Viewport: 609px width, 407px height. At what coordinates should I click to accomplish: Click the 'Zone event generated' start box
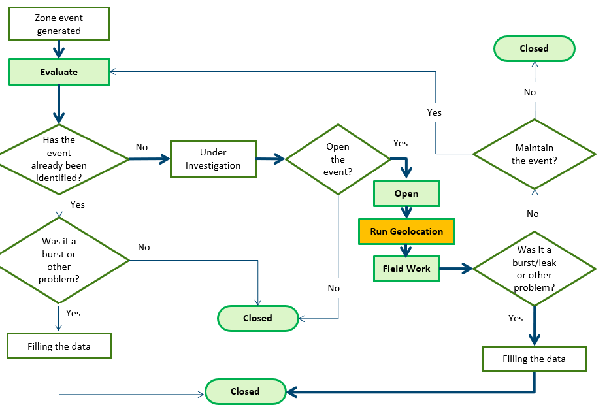(59, 25)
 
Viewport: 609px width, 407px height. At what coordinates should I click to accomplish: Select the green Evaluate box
(59, 72)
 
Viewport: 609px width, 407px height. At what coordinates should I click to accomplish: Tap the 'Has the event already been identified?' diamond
(59, 159)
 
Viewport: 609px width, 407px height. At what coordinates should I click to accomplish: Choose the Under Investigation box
(213, 159)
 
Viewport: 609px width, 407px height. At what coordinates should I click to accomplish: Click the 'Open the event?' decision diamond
(338, 159)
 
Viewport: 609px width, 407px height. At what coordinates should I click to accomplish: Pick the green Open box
(406, 194)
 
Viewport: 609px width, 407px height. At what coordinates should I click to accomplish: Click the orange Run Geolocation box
(406, 231)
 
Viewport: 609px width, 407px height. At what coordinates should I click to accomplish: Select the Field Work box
(406, 269)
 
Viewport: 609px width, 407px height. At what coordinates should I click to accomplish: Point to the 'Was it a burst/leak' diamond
(535, 269)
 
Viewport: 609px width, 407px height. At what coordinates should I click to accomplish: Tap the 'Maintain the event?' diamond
(535, 154)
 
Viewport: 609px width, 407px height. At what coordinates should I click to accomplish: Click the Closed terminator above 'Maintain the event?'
(535, 48)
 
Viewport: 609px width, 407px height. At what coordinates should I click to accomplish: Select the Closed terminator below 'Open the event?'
(257, 318)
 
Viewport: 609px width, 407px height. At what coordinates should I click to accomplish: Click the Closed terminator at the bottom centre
(246, 391)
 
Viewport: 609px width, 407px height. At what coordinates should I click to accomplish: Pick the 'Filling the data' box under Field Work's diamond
(535, 359)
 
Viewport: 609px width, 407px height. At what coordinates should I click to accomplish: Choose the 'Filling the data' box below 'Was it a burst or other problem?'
(59, 346)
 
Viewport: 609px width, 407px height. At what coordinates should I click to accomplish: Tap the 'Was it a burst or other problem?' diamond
(59, 259)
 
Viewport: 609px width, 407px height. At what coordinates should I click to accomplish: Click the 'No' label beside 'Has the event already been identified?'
(142, 147)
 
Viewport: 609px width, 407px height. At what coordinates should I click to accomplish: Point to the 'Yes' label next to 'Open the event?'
(401, 143)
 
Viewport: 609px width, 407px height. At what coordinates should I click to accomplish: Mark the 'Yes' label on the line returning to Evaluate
(435, 112)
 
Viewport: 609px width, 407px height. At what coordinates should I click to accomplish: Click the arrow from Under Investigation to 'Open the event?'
(271, 159)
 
